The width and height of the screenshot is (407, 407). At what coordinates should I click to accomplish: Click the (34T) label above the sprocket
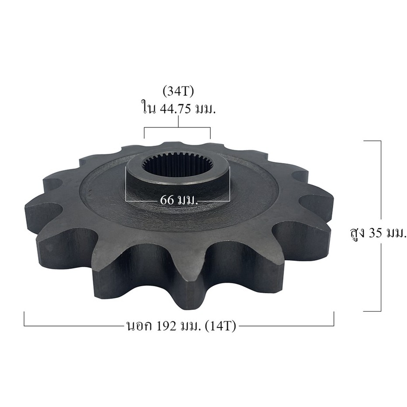coord(178,92)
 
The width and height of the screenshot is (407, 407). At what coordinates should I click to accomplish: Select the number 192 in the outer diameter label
coord(166,326)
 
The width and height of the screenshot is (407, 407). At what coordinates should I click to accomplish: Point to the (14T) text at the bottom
coord(220,326)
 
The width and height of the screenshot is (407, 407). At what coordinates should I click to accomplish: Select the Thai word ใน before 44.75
coord(149,108)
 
